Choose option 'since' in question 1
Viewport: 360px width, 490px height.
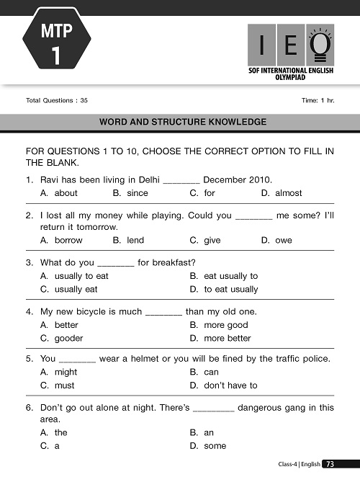137,193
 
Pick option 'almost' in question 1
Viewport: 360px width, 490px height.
288,193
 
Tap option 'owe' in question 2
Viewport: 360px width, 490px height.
284,240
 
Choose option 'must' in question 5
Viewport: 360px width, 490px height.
65,386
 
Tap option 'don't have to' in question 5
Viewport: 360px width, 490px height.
230,386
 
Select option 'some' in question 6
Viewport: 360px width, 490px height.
215,446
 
